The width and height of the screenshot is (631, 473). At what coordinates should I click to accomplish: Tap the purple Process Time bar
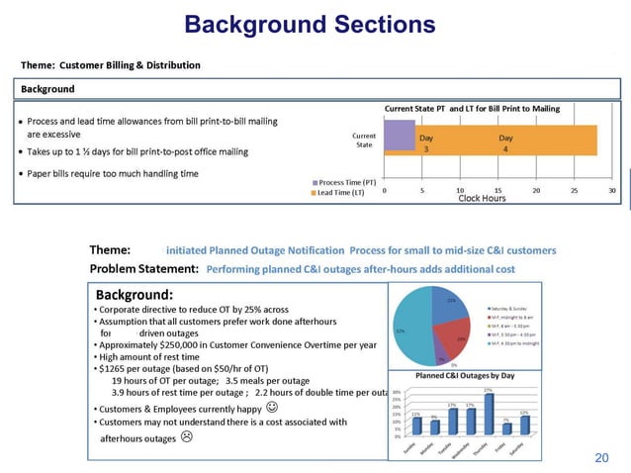tap(399, 135)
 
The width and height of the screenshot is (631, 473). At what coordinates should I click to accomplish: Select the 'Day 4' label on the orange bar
tap(505, 142)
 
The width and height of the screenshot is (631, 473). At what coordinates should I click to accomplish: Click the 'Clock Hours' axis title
tap(482, 199)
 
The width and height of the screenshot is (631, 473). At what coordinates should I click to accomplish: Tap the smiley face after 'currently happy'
tap(272, 406)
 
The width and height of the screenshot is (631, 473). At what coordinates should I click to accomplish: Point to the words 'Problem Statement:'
tap(144, 268)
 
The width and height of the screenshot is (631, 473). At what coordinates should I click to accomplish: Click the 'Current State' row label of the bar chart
tap(363, 139)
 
